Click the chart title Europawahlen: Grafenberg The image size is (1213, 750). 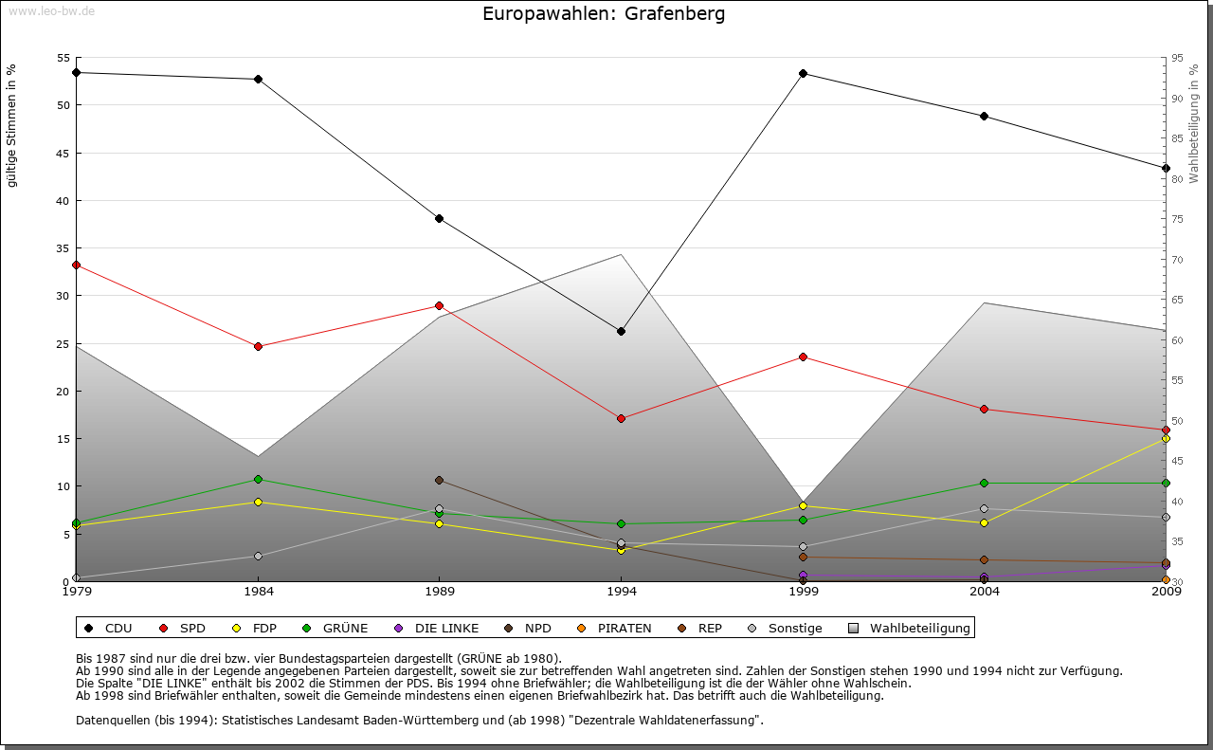604,13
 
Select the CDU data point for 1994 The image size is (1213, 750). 621,331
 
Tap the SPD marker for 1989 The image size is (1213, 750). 439,305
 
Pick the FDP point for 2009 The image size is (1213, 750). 1166,438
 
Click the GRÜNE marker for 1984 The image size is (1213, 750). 258,479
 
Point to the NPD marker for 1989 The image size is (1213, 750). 439,480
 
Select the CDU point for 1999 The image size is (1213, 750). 803,73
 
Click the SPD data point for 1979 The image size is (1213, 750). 76,265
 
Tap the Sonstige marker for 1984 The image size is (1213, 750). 258,556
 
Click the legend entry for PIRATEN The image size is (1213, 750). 615,628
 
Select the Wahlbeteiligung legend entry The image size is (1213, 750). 910,628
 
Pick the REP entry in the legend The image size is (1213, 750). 700,628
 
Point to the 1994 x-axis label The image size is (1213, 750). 621,592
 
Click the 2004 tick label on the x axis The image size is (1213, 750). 985,592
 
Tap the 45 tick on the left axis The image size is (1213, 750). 63,153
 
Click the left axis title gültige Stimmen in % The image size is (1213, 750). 11,125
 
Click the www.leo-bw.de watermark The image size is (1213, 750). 49,10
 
